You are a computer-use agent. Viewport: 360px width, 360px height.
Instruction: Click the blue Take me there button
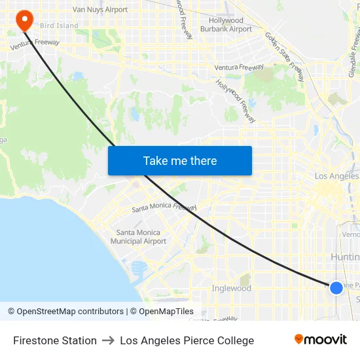[180, 161]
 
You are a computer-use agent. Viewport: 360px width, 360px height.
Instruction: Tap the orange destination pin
[24, 20]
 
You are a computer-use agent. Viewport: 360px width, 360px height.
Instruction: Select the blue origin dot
[336, 288]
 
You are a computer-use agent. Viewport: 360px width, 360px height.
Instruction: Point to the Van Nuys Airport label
[100, 10]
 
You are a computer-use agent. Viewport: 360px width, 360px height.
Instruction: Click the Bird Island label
[59, 26]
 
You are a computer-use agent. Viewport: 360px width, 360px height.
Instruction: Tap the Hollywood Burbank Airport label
[226, 25]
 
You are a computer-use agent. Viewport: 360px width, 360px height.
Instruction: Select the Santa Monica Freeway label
[164, 207]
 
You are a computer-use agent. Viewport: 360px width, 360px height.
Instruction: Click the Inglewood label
[231, 288]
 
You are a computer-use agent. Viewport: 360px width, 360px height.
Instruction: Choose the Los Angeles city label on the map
[336, 177]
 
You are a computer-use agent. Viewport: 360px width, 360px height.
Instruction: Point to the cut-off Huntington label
[345, 257]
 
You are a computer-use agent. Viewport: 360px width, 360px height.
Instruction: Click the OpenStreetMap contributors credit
[66, 312]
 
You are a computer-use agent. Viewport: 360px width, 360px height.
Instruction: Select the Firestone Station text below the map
[55, 340]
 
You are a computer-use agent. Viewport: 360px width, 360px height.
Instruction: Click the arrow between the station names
[109, 340]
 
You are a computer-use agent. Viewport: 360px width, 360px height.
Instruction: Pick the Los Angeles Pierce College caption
[187, 340]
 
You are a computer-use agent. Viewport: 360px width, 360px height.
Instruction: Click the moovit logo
[321, 339]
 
